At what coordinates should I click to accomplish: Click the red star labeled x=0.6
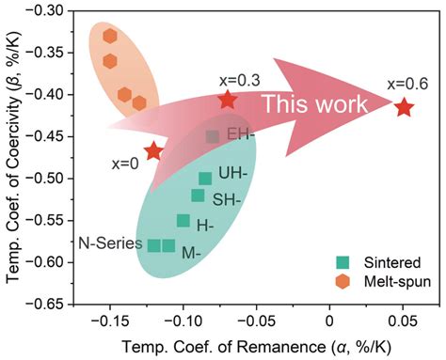click(x=404, y=108)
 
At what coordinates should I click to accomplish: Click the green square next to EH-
click(x=213, y=137)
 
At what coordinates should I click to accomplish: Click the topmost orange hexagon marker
click(x=110, y=36)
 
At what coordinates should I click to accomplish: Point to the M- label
click(x=191, y=253)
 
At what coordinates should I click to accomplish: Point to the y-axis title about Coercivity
click(x=13, y=158)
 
